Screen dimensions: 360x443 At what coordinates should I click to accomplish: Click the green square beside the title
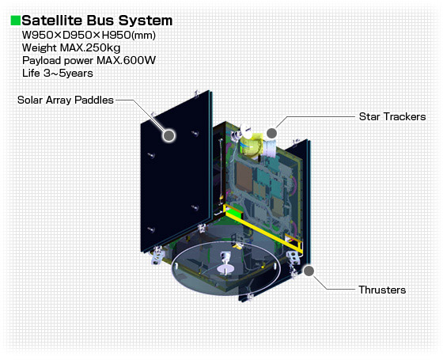[15, 19]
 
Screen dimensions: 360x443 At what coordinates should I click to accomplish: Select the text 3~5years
[70, 73]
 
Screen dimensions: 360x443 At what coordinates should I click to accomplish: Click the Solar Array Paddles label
[66, 100]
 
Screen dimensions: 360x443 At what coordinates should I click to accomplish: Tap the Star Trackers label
[392, 116]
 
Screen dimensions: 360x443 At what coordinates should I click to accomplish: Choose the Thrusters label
[382, 290]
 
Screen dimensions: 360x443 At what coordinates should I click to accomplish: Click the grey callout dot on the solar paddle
[168, 135]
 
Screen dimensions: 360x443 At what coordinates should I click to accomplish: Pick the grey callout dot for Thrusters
[309, 272]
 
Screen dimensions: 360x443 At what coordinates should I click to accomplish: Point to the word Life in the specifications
[31, 73]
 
